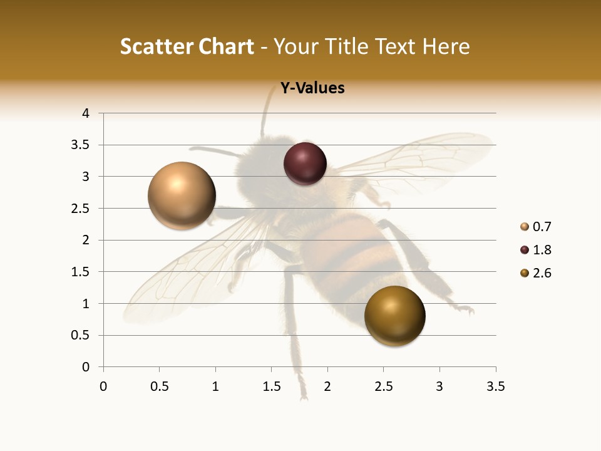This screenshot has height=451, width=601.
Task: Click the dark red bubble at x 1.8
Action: (305, 163)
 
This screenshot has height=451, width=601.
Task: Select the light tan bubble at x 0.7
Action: (182, 195)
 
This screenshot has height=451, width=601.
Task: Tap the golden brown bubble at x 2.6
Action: (394, 316)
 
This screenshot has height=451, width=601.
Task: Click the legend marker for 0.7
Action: (525, 227)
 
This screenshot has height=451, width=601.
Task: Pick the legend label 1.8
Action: (542, 250)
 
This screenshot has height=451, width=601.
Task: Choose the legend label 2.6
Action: (542, 273)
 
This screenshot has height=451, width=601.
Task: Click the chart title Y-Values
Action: (312, 88)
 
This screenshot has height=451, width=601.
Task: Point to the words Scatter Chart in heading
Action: (187, 46)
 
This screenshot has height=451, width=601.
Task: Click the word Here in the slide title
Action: (446, 46)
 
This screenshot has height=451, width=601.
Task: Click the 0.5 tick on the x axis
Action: (160, 386)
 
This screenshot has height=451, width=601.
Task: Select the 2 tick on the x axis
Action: (327, 386)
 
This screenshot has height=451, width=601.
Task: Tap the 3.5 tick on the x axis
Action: (495, 386)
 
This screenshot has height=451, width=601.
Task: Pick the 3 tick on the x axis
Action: (439, 386)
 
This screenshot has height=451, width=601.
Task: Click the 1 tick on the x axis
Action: (215, 386)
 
